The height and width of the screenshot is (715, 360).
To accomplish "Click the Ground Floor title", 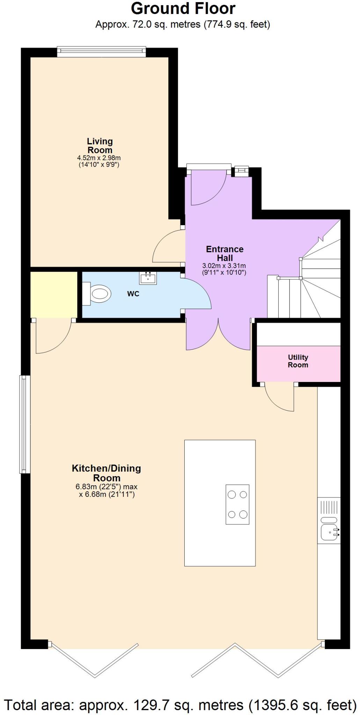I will (x=183, y=8).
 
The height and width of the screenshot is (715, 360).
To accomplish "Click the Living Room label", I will (x=100, y=146).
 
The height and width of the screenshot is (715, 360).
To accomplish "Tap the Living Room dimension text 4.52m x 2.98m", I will (x=99, y=158).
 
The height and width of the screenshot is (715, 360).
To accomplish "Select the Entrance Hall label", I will (x=225, y=253).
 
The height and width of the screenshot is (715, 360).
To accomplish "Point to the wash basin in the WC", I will (x=148, y=278).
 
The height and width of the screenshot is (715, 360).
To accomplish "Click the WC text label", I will (x=133, y=294).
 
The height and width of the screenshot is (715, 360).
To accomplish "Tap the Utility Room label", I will (x=298, y=361).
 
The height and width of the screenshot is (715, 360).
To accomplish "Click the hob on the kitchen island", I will (x=237, y=504).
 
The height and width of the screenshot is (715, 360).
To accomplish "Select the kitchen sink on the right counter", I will (x=329, y=532).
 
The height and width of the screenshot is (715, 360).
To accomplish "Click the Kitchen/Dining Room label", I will (x=106, y=473).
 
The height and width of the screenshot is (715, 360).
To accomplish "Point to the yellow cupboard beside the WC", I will (x=53, y=294).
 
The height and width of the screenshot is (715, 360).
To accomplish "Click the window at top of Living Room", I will (x=101, y=51).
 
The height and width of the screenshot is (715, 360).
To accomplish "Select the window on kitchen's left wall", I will (x=24, y=424).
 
